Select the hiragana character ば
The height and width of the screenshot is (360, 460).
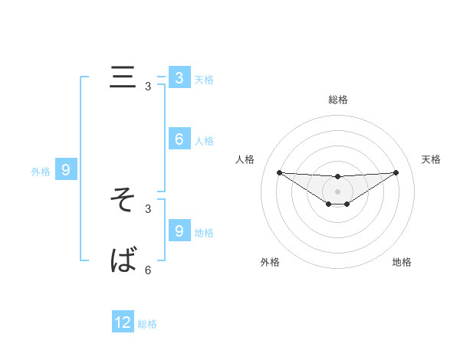point(123,260)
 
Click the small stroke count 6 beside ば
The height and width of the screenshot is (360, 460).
point(148,270)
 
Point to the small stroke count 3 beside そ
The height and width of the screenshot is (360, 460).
point(148,208)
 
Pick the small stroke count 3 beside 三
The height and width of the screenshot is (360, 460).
point(148,87)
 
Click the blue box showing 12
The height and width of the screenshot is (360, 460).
point(123,323)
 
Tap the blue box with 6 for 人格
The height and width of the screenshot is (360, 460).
point(179,139)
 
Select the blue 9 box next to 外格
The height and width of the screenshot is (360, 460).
point(66,171)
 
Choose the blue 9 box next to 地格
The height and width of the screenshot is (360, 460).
point(179,231)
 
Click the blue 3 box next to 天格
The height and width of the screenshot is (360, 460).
point(179,77)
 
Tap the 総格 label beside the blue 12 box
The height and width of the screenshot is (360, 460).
point(147,324)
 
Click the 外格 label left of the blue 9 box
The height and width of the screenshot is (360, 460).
point(41,172)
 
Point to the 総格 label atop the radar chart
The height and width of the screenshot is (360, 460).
point(337,100)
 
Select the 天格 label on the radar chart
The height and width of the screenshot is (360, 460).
point(431,159)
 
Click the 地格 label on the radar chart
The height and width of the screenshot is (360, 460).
point(402,262)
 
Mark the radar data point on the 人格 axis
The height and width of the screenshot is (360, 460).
point(279,172)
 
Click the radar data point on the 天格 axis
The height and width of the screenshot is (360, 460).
point(396,172)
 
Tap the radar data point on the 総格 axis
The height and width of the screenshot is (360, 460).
point(337,177)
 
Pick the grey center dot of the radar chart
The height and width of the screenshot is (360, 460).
point(337,191)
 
